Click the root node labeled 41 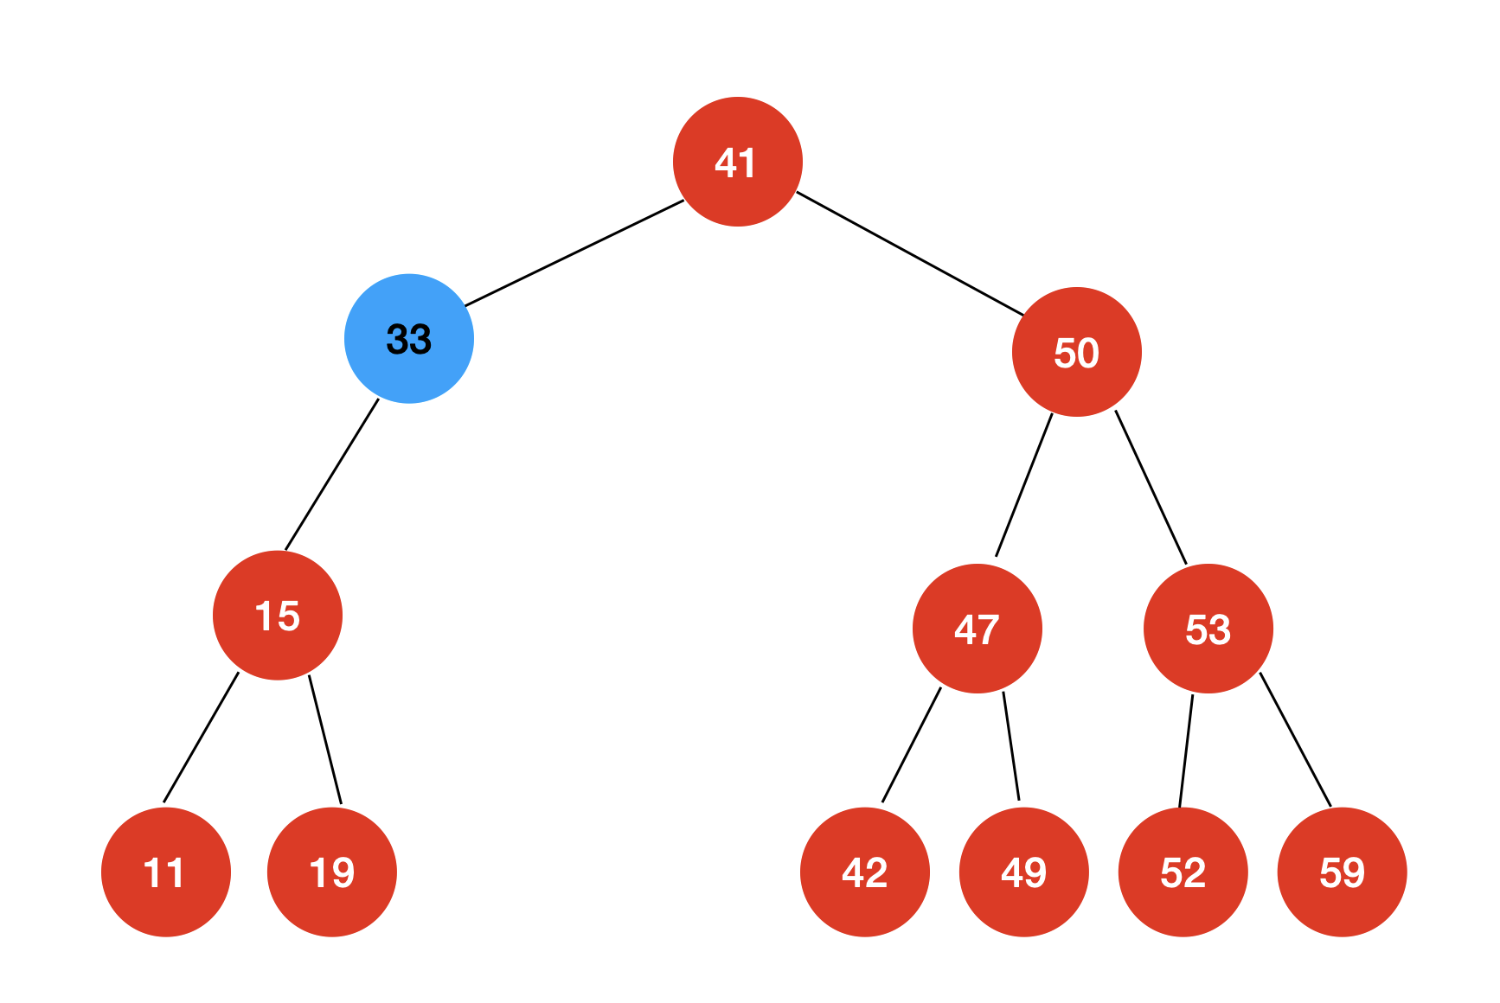pos(738,162)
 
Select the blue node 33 pos(409,339)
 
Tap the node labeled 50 pos(1077,352)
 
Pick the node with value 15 pos(278,616)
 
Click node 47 pos(978,629)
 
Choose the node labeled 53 pos(1208,629)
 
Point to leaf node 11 pos(166,872)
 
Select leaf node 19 pos(332,872)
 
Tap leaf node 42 pos(865,872)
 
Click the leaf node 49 pos(1024,872)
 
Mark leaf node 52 pos(1183,872)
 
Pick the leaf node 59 pos(1343,872)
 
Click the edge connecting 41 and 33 pos(574,253)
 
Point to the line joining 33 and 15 pos(332,475)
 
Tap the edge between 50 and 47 pos(1024,485)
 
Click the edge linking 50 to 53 pos(1151,488)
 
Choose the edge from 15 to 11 pos(201,738)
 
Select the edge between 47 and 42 pos(911,745)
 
